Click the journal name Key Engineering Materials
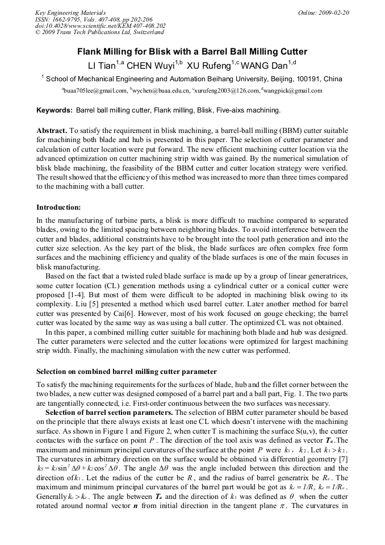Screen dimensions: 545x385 (70, 12)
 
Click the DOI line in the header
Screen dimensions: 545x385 (100, 26)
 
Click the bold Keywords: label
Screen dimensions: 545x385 (55, 110)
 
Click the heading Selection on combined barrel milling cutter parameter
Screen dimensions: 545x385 (126, 371)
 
